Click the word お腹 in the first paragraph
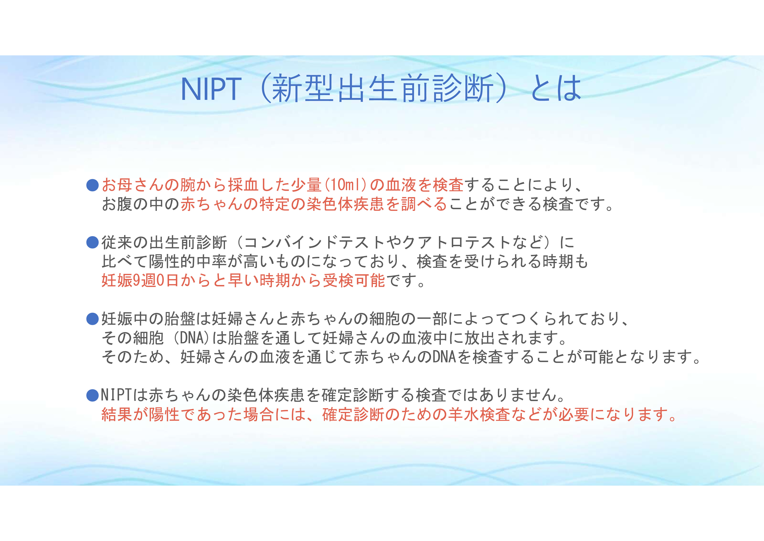[x=117, y=204]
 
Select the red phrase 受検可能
[x=354, y=280]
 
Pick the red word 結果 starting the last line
[x=117, y=414]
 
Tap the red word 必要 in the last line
[x=574, y=414]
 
